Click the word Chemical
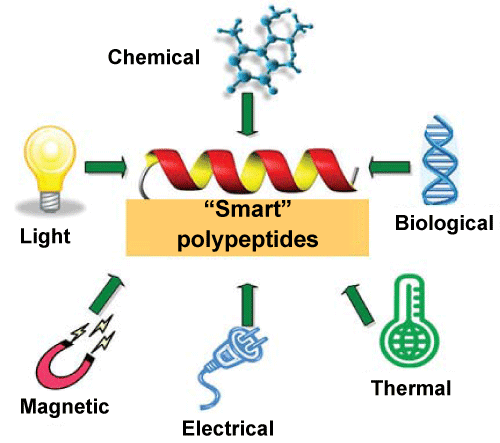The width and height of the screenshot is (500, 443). point(154,57)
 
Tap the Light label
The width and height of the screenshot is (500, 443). point(45,236)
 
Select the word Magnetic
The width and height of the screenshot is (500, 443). point(65,407)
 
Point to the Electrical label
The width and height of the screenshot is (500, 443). point(228,428)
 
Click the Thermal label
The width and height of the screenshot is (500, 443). point(411,388)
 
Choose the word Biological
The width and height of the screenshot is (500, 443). point(444,223)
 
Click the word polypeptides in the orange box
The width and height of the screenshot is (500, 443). point(247,239)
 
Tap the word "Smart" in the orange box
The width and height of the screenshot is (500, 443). point(247,209)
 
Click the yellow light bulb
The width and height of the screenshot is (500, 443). point(50,168)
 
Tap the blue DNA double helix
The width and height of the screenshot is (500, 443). point(439,160)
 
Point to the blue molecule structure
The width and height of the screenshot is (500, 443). point(264,50)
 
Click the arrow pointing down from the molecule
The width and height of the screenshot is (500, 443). point(247,115)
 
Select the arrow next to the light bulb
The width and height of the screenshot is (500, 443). point(106,167)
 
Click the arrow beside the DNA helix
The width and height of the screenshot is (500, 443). point(389,166)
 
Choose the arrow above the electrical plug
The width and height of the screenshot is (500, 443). point(247,305)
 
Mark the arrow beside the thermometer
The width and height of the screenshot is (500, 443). point(358,304)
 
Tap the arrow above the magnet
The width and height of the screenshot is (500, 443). point(107,293)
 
